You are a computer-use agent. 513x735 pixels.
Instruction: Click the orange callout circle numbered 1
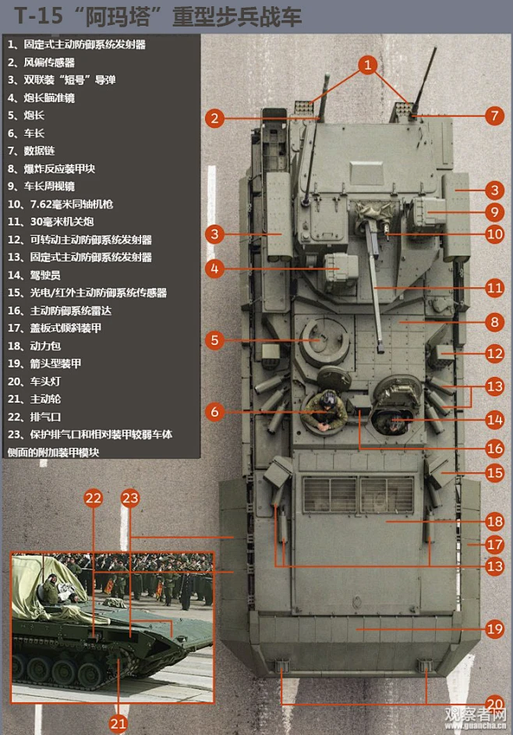[x=368, y=65]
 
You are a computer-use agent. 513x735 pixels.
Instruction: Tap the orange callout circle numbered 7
[x=494, y=115]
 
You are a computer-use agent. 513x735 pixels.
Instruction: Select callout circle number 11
[x=494, y=288]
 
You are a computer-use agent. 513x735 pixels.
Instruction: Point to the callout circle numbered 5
[x=216, y=340]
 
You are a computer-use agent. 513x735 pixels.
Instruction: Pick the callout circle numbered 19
[x=494, y=628]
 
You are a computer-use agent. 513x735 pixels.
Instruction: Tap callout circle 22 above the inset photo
[x=94, y=498]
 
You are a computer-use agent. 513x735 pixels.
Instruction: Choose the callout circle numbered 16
[x=494, y=448]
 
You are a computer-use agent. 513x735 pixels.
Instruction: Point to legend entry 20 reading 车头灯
[x=39, y=381]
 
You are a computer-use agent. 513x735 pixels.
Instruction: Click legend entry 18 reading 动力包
[x=39, y=346]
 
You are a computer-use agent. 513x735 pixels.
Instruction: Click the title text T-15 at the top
[x=34, y=16]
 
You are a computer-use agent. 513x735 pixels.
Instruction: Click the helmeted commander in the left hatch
[x=326, y=410]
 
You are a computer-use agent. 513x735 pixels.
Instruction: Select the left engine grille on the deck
[x=330, y=494]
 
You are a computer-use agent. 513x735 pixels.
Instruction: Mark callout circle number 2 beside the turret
[x=216, y=119]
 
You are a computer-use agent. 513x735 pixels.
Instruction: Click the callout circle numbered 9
[x=494, y=211]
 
